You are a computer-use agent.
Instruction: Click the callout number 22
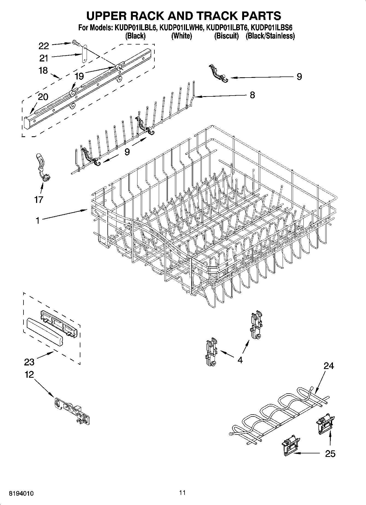pyautogui.click(x=44, y=46)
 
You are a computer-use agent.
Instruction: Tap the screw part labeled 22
pyautogui.click(x=76, y=42)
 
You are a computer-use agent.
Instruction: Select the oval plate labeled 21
pyautogui.click(x=84, y=54)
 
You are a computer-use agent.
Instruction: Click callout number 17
pyautogui.click(x=39, y=199)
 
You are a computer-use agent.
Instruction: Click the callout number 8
pyautogui.click(x=252, y=95)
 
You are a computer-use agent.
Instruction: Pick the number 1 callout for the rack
pyautogui.click(x=37, y=220)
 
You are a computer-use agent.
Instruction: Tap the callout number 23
pyautogui.click(x=29, y=362)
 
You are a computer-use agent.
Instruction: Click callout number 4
pyautogui.click(x=240, y=360)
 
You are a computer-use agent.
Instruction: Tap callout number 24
pyautogui.click(x=329, y=365)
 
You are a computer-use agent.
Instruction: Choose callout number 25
pyautogui.click(x=330, y=454)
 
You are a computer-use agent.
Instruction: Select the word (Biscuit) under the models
pyautogui.click(x=226, y=36)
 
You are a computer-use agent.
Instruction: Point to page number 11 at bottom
pyautogui.click(x=182, y=492)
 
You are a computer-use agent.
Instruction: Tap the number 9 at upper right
pyautogui.click(x=299, y=77)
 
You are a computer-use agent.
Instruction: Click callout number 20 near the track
pyautogui.click(x=43, y=97)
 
